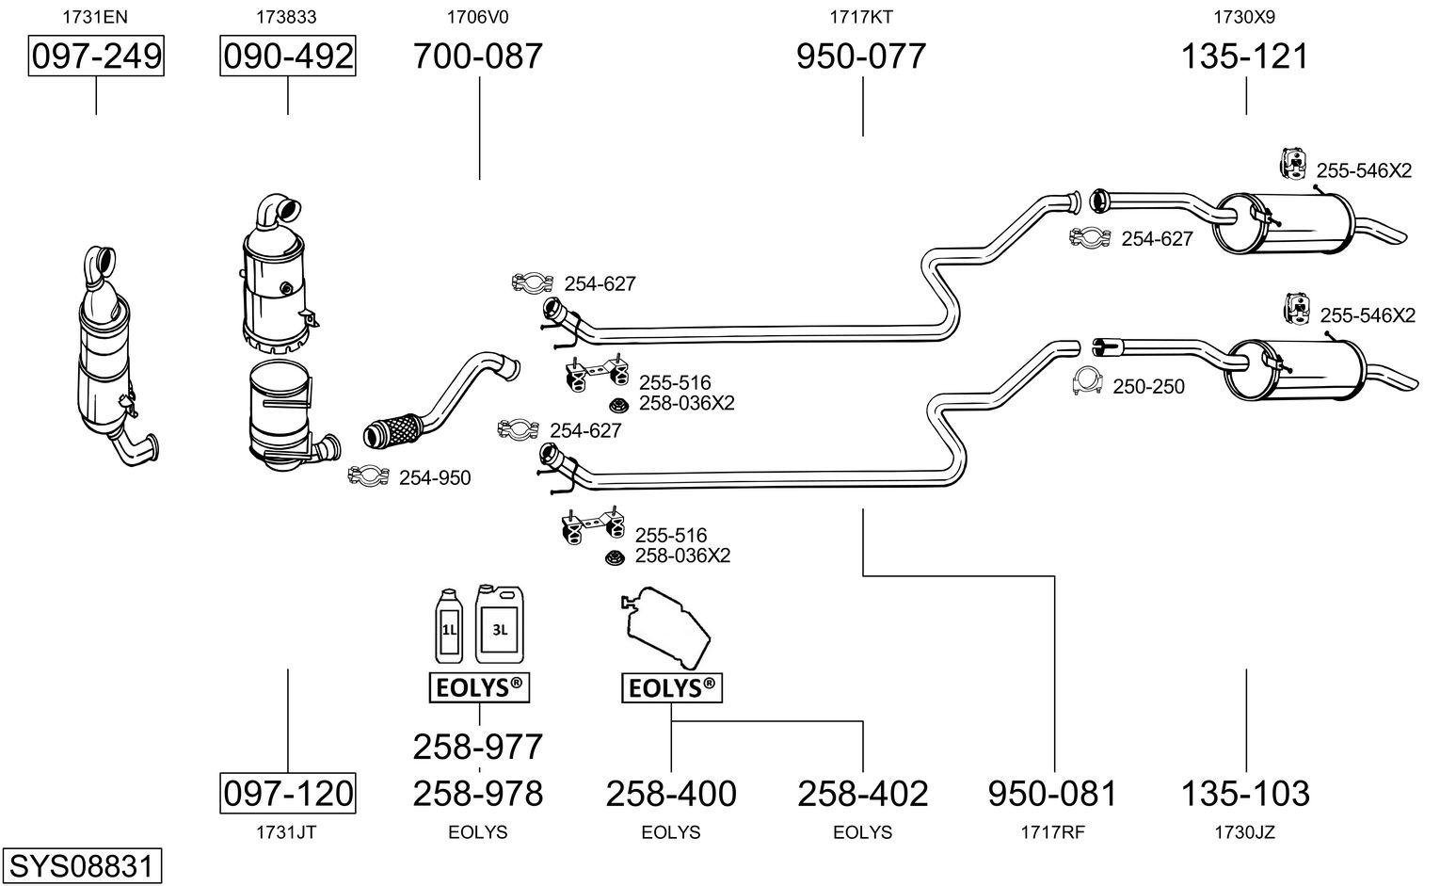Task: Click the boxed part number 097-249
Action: click(96, 56)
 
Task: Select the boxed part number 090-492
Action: click(288, 56)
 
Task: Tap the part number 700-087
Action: click(478, 56)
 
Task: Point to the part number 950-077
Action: click(861, 56)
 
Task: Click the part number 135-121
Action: click(1245, 56)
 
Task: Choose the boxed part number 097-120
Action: click(288, 793)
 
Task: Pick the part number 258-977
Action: click(478, 747)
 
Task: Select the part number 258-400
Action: click(671, 794)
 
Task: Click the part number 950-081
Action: click(1053, 794)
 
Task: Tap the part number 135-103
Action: click(1245, 794)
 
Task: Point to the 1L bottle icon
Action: click(449, 626)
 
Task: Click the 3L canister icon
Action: click(499, 623)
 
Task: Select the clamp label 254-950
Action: click(435, 478)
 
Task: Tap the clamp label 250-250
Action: click(1148, 387)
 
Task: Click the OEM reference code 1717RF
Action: click(1053, 832)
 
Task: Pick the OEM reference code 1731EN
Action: click(95, 16)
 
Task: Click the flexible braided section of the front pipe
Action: click(392, 430)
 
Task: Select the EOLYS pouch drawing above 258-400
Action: click(665, 626)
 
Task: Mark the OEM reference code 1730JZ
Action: click(1245, 832)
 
